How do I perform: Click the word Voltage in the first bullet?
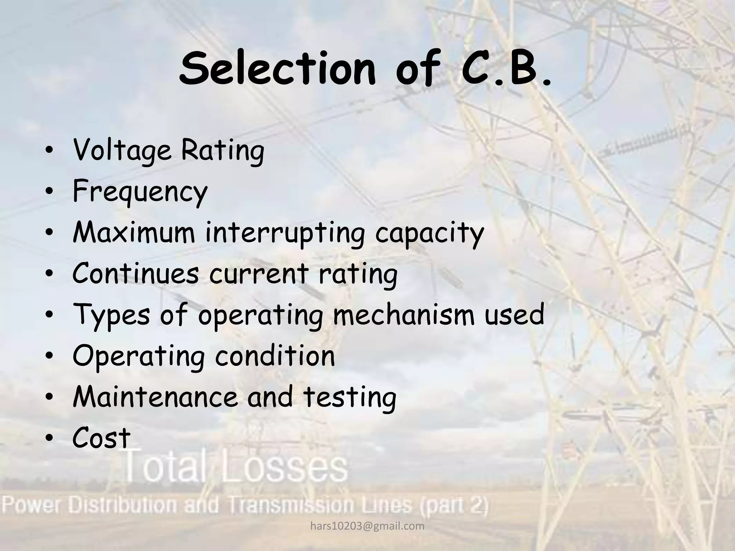(122, 151)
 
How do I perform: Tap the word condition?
(275, 355)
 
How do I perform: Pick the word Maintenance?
(155, 396)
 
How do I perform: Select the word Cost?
(101, 438)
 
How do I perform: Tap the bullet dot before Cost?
(50, 439)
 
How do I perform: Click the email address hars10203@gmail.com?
(367, 526)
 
